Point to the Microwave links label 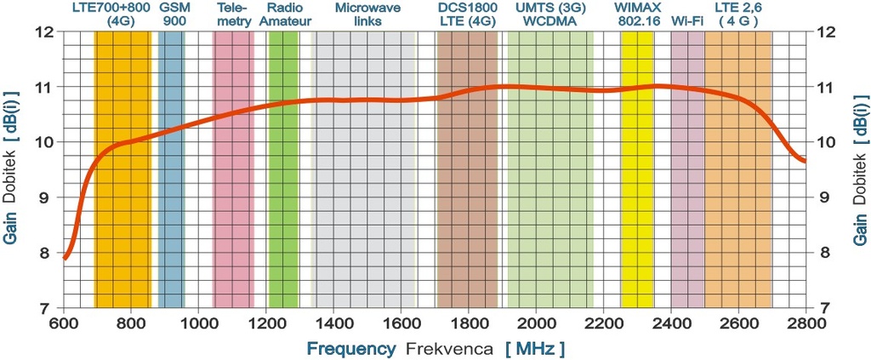[x=364, y=14]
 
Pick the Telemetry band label [x=233, y=14]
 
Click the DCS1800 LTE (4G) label [x=467, y=14]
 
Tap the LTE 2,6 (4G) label [x=737, y=14]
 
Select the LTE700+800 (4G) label [x=122, y=14]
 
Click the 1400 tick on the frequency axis [x=333, y=323]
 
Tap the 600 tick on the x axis [x=64, y=323]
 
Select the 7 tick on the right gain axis [x=823, y=307]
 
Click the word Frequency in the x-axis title [x=350, y=349]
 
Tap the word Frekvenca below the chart [x=449, y=349]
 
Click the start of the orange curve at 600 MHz [x=65, y=256]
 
